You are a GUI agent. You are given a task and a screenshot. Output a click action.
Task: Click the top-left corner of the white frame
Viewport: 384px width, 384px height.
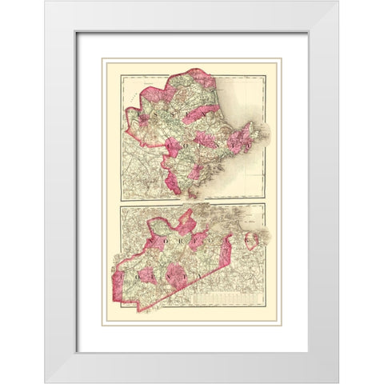point(46,2)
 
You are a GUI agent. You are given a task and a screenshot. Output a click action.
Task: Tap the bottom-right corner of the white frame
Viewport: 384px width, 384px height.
point(338,382)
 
